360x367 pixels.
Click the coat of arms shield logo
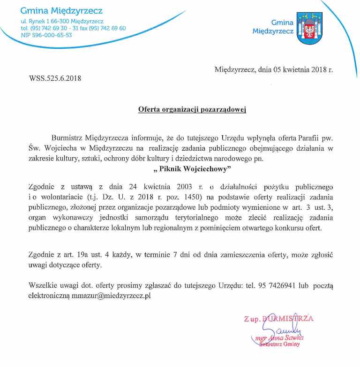click(310, 28)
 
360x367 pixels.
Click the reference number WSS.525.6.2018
click(55, 78)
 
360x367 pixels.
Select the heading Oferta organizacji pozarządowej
click(192, 109)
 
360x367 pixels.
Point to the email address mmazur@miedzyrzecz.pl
click(111, 296)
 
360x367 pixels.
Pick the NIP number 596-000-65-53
click(52, 35)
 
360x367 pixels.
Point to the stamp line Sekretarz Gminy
click(279, 344)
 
